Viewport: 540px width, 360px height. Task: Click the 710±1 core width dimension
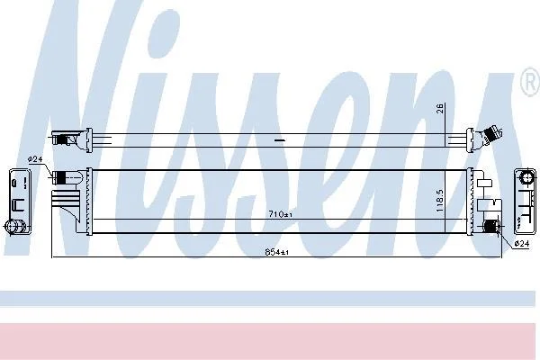coord(280,214)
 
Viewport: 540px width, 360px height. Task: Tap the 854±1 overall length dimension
coord(276,252)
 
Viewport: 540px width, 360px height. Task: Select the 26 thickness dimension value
coord(441,108)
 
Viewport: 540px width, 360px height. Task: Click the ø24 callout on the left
coord(35,159)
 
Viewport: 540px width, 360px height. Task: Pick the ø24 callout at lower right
coord(521,244)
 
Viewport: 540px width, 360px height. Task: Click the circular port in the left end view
coord(14,226)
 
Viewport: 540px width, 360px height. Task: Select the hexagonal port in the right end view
coord(526,178)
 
